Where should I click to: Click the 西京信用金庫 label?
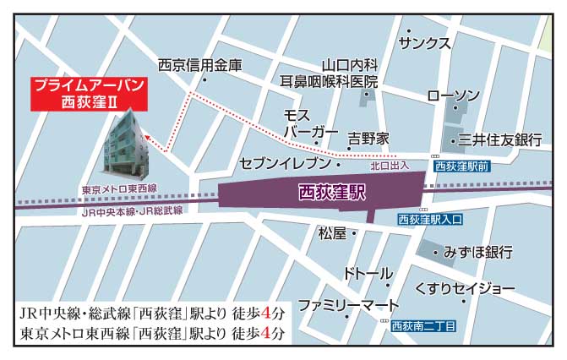coord(199,64)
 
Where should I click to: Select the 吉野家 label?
coord(368,137)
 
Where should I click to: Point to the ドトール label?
coord(368,274)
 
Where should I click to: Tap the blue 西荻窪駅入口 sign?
coord(430,220)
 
